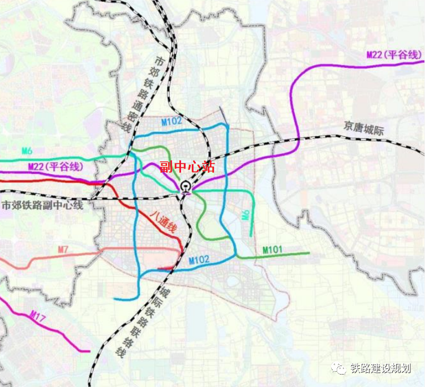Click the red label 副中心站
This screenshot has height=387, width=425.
point(187,166)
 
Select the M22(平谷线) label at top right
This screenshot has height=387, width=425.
point(394,54)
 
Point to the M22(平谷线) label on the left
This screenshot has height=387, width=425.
point(55,166)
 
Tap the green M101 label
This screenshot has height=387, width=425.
point(273,250)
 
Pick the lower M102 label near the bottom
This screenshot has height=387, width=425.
point(199,259)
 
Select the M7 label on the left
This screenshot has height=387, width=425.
point(63,249)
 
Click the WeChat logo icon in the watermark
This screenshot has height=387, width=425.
point(339,369)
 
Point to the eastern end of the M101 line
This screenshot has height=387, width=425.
point(309,253)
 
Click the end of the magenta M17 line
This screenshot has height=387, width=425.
point(89,351)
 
